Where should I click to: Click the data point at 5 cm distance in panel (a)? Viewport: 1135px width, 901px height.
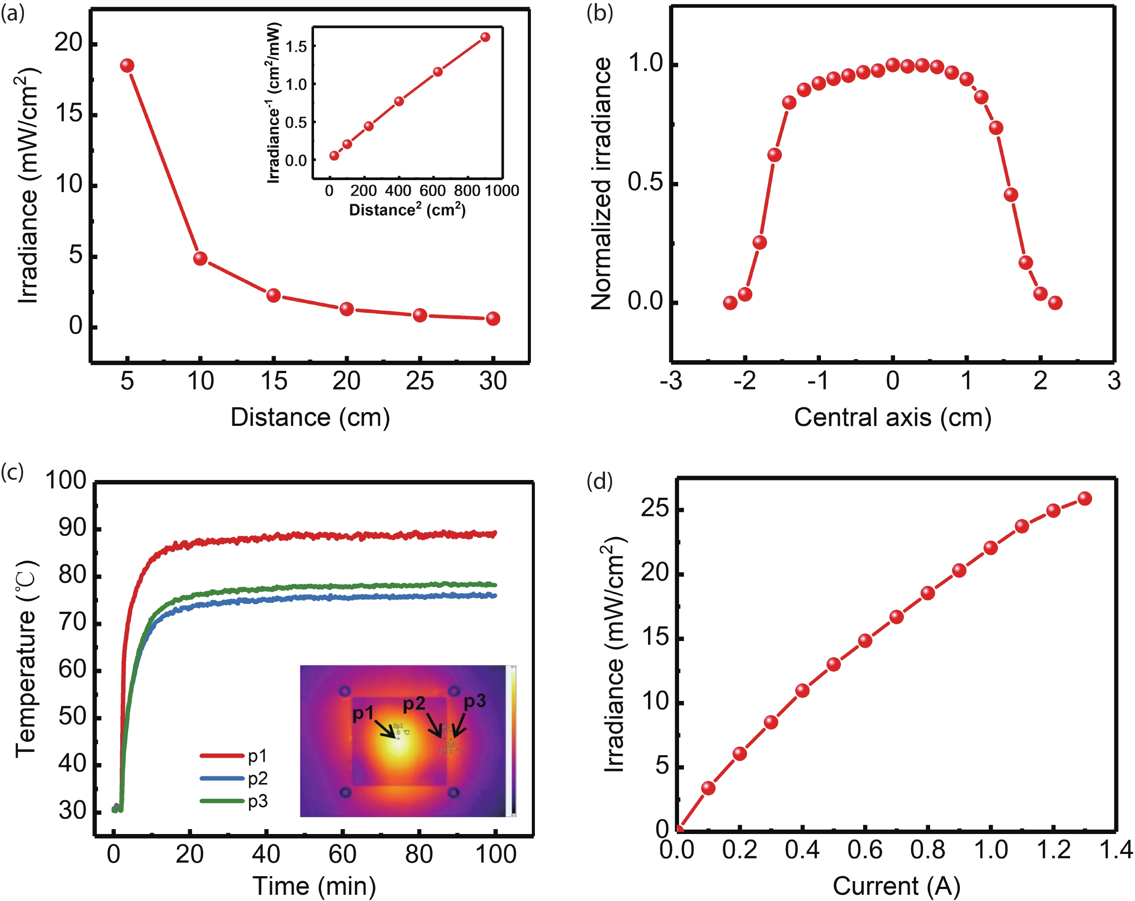pyautogui.click(x=127, y=66)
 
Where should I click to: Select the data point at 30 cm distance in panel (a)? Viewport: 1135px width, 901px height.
pyautogui.click(x=493, y=319)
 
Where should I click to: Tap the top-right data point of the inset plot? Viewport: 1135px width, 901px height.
pyautogui.click(x=485, y=37)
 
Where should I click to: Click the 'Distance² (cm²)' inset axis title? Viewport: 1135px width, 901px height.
pyautogui.click(x=407, y=210)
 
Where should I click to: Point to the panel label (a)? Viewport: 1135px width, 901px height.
pyautogui.click(x=12, y=14)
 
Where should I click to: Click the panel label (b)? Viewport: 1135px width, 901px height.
pyautogui.click(x=600, y=14)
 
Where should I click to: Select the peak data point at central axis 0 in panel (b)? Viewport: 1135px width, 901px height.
pyautogui.click(x=893, y=65)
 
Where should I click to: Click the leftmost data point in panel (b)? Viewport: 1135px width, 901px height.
pyautogui.click(x=730, y=303)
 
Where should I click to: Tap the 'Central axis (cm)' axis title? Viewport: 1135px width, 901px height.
pyautogui.click(x=892, y=417)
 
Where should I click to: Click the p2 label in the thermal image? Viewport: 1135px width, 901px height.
pyautogui.click(x=414, y=704)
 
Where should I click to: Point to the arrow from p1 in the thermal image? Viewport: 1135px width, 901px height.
pyautogui.click(x=385, y=730)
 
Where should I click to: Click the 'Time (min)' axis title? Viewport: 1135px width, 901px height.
pyautogui.click(x=314, y=886)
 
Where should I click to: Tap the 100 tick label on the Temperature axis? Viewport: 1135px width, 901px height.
pyautogui.click(x=65, y=480)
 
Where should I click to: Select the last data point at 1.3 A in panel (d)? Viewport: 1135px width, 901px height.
pyautogui.click(x=1084, y=499)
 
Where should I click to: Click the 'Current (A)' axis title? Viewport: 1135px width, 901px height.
pyautogui.click(x=896, y=886)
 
